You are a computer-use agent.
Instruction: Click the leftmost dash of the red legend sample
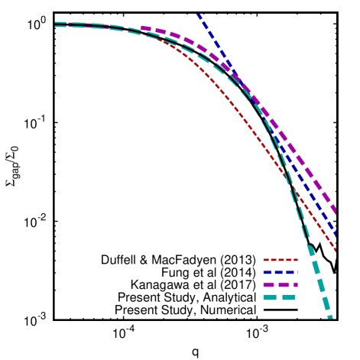(265, 260)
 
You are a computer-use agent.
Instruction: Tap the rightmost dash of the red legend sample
(294, 260)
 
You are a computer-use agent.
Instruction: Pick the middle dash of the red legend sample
(280, 260)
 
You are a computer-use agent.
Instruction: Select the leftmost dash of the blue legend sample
(267, 272)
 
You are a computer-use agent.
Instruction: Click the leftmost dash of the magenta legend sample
(268, 284)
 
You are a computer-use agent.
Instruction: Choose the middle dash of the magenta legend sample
(282, 284)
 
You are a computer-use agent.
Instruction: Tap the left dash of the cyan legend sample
(269, 297)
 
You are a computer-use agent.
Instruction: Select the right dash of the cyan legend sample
(289, 297)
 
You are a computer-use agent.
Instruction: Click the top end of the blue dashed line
(197, 14)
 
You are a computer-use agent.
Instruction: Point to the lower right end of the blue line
(336, 233)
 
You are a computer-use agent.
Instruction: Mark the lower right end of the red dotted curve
(336, 249)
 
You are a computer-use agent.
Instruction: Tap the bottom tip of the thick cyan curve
(330, 316)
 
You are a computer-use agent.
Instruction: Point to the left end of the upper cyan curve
(56, 22)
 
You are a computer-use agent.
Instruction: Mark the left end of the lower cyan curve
(56, 27)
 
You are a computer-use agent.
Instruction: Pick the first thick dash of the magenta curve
(145, 28)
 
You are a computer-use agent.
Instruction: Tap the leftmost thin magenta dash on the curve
(70, 24)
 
